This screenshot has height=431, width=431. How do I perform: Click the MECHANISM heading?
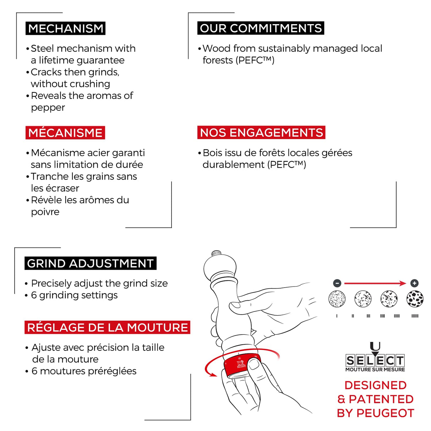pyautogui.click(x=65, y=28)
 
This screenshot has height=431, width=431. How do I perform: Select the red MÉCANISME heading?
pyautogui.click(x=65, y=133)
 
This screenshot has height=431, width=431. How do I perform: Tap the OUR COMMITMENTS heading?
pyautogui.click(x=261, y=28)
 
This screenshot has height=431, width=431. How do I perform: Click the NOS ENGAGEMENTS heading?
pyautogui.click(x=261, y=132)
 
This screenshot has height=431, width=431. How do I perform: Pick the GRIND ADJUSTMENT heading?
pyautogui.click(x=91, y=263)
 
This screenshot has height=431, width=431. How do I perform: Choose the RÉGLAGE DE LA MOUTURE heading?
pyautogui.click(x=107, y=327)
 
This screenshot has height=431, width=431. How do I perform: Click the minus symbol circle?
pyautogui.click(x=337, y=283)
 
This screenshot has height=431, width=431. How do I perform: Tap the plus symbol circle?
pyautogui.click(x=414, y=283)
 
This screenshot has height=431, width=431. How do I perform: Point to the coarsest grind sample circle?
pyautogui.click(x=415, y=299)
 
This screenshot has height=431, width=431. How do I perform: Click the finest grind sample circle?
pyautogui.click(x=337, y=299)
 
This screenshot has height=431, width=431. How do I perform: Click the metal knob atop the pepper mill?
pyautogui.click(x=216, y=253)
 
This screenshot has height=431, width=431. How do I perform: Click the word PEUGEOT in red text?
pyautogui.click(x=385, y=413)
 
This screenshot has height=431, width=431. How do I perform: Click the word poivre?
pyautogui.click(x=45, y=212)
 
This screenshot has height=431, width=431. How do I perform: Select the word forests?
pyautogui.click(x=218, y=60)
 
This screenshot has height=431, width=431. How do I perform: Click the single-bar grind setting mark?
pyautogui.click(x=337, y=316)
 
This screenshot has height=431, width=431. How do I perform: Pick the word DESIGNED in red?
pyautogui.click(x=376, y=385)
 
